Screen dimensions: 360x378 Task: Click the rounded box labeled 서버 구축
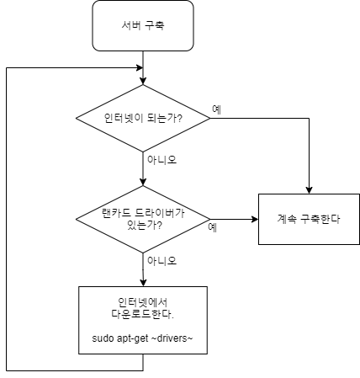(143, 25)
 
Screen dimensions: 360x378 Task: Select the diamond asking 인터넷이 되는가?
(143, 118)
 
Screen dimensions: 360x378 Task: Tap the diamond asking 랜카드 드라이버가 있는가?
(143, 219)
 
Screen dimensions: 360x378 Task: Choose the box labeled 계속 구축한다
(309, 219)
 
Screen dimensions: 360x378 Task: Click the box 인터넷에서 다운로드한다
(143, 320)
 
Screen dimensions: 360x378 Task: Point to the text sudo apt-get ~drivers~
(142, 338)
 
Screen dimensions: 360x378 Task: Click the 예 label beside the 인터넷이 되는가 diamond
(217, 109)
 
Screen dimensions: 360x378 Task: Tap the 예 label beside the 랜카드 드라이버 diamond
(213, 227)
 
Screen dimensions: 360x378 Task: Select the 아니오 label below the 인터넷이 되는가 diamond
(162, 160)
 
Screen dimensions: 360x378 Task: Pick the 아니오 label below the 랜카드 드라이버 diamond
(162, 261)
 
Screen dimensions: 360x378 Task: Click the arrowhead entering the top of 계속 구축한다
(309, 190)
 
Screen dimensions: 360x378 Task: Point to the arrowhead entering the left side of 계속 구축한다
(255, 219)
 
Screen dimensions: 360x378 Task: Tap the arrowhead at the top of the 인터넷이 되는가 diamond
(143, 81)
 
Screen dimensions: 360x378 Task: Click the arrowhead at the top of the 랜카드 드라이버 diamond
(143, 182)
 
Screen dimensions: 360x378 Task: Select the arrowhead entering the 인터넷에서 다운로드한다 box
(143, 283)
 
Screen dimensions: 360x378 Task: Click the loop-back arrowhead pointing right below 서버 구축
(140, 67)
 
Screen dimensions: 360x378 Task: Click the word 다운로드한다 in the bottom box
(143, 314)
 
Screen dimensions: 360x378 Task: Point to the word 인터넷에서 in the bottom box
(143, 302)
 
